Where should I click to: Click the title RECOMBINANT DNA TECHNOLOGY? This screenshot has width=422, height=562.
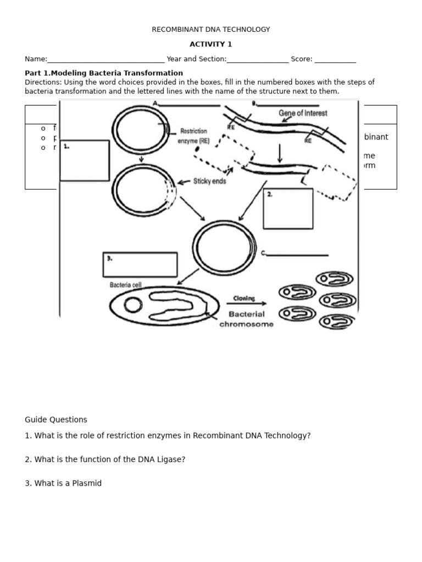[x=211, y=30]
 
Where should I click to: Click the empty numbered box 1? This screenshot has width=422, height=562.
[x=85, y=161]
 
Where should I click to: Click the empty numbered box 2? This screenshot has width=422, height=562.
[x=288, y=209]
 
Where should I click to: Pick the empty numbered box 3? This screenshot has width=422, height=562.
[x=140, y=265]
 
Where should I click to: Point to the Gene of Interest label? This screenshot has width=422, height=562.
[x=303, y=113]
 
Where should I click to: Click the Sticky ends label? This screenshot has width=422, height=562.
[x=209, y=181]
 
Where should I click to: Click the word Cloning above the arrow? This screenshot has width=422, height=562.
[x=244, y=299]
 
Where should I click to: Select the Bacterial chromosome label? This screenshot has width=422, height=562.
[x=246, y=319]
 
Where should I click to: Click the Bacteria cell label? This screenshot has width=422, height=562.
[x=126, y=285]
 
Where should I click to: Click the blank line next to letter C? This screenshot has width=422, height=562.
[x=297, y=255]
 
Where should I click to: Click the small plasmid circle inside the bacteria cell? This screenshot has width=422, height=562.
[x=132, y=305]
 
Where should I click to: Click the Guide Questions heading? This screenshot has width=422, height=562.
[x=56, y=420]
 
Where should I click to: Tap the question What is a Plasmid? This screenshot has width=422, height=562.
[x=63, y=484]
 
